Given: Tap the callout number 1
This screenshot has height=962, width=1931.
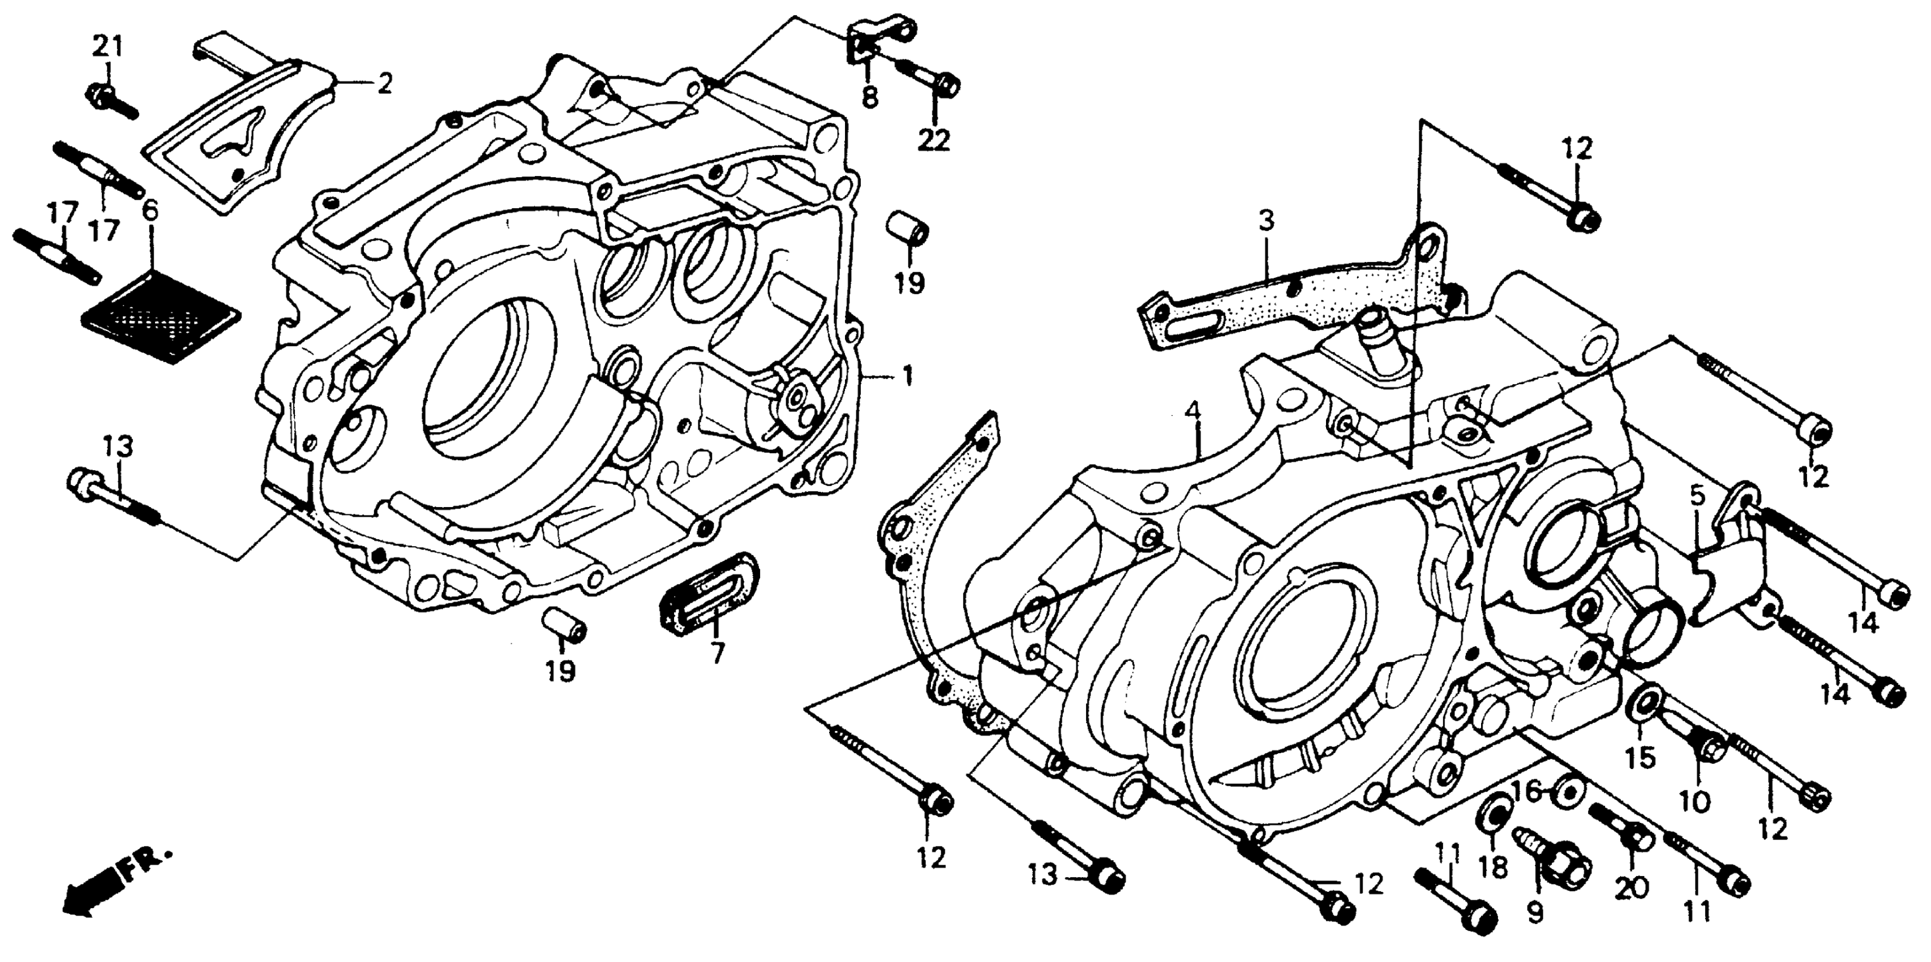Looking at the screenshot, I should pos(907,376).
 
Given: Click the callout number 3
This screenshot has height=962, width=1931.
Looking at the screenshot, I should pos(1265,222).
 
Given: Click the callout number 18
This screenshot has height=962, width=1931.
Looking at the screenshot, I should pos(1492,867).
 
